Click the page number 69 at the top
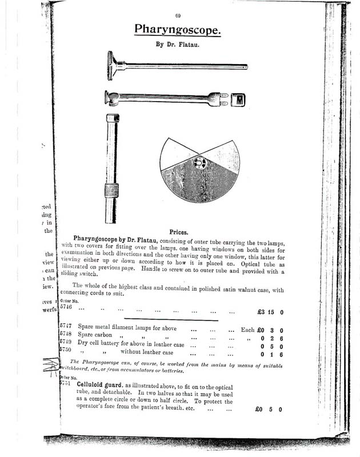(x=178, y=15)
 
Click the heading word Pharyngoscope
(x=178, y=29)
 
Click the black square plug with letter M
(x=239, y=99)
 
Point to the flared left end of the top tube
(x=111, y=65)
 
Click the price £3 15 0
(x=271, y=312)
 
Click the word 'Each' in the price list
(x=247, y=330)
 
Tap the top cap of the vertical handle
(x=113, y=118)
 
